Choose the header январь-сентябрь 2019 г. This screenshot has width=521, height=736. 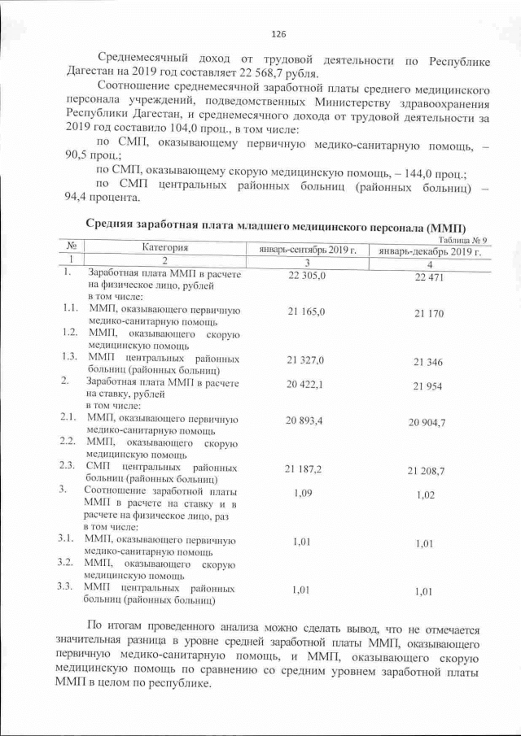click(308, 250)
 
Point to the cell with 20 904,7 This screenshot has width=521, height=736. click(428, 422)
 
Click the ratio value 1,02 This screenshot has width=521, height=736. click(424, 495)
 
